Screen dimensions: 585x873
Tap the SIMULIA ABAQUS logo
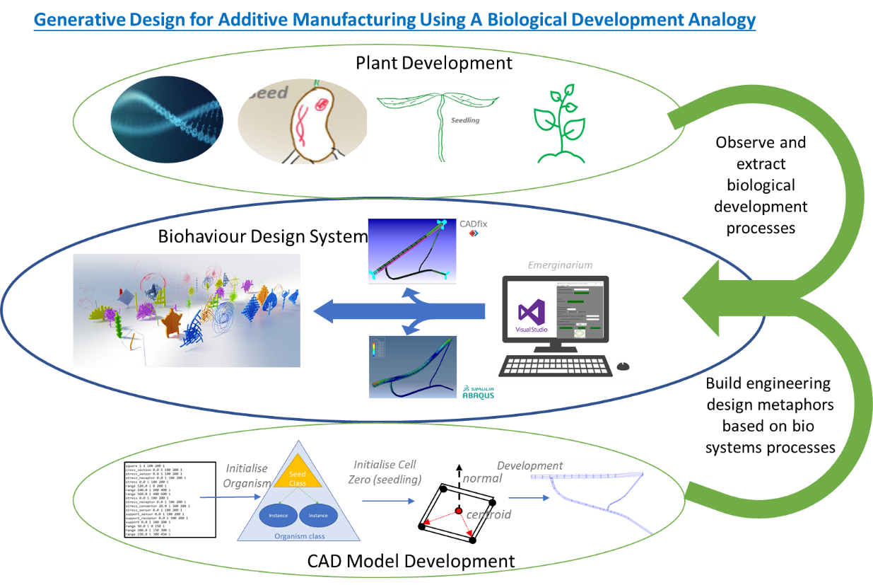pyautogui.click(x=479, y=393)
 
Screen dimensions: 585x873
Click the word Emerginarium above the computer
pyautogui.click(x=560, y=265)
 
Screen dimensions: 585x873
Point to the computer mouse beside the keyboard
pyautogui.click(x=622, y=366)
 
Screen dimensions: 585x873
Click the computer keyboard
pyautogui.click(x=554, y=364)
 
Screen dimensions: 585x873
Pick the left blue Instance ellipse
pyautogui.click(x=278, y=515)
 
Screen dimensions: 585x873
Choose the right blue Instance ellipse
pyautogui.click(x=318, y=515)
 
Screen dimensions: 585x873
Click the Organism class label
pyautogui.click(x=298, y=536)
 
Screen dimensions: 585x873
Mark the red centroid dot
pyautogui.click(x=458, y=511)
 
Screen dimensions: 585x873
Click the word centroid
pyautogui.click(x=488, y=514)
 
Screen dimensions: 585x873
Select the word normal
pyautogui.click(x=482, y=478)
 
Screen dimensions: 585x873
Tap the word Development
pyautogui.click(x=529, y=465)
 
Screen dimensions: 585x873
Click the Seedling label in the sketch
pyautogui.click(x=465, y=120)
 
